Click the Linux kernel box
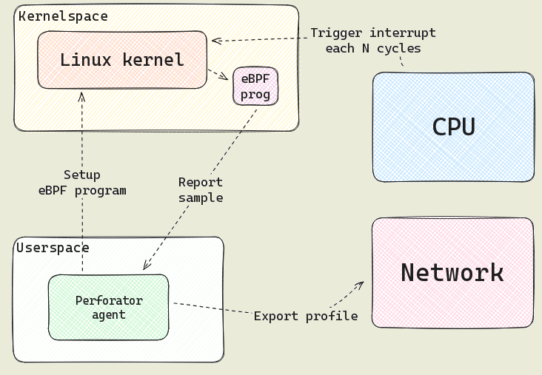tap(122, 60)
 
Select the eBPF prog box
tap(255, 86)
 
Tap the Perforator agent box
tap(109, 307)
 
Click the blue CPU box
tap(453, 126)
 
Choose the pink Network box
tap(452, 273)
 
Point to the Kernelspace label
tap(63, 16)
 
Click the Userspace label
tap(53, 248)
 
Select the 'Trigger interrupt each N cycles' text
tap(372, 41)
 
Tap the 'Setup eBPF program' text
tap(82, 183)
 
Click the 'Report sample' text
tap(201, 190)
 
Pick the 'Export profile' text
tap(306, 316)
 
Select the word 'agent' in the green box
tap(109, 314)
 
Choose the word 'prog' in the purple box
tap(255, 94)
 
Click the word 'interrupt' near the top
tap(400, 33)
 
